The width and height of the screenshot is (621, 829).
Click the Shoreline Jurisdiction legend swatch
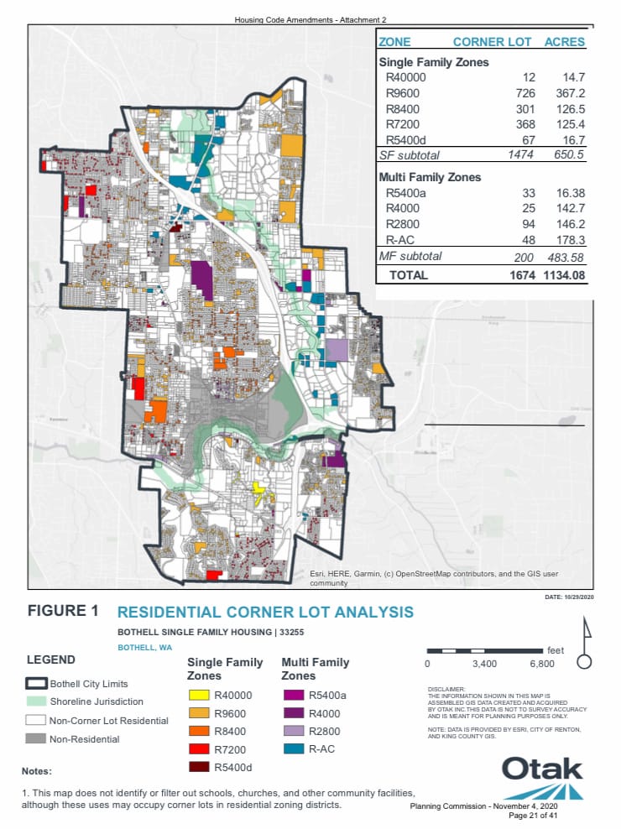pyautogui.click(x=36, y=701)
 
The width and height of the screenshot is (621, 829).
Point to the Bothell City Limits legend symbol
pyautogui.click(x=36, y=684)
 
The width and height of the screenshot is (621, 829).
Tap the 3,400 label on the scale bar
pyautogui.click(x=485, y=664)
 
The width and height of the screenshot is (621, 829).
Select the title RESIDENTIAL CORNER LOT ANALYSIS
pyautogui.click(x=265, y=612)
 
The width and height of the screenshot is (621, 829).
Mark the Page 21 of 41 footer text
pyautogui.click(x=533, y=815)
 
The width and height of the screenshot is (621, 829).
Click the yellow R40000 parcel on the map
pyautogui.click(x=258, y=487)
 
